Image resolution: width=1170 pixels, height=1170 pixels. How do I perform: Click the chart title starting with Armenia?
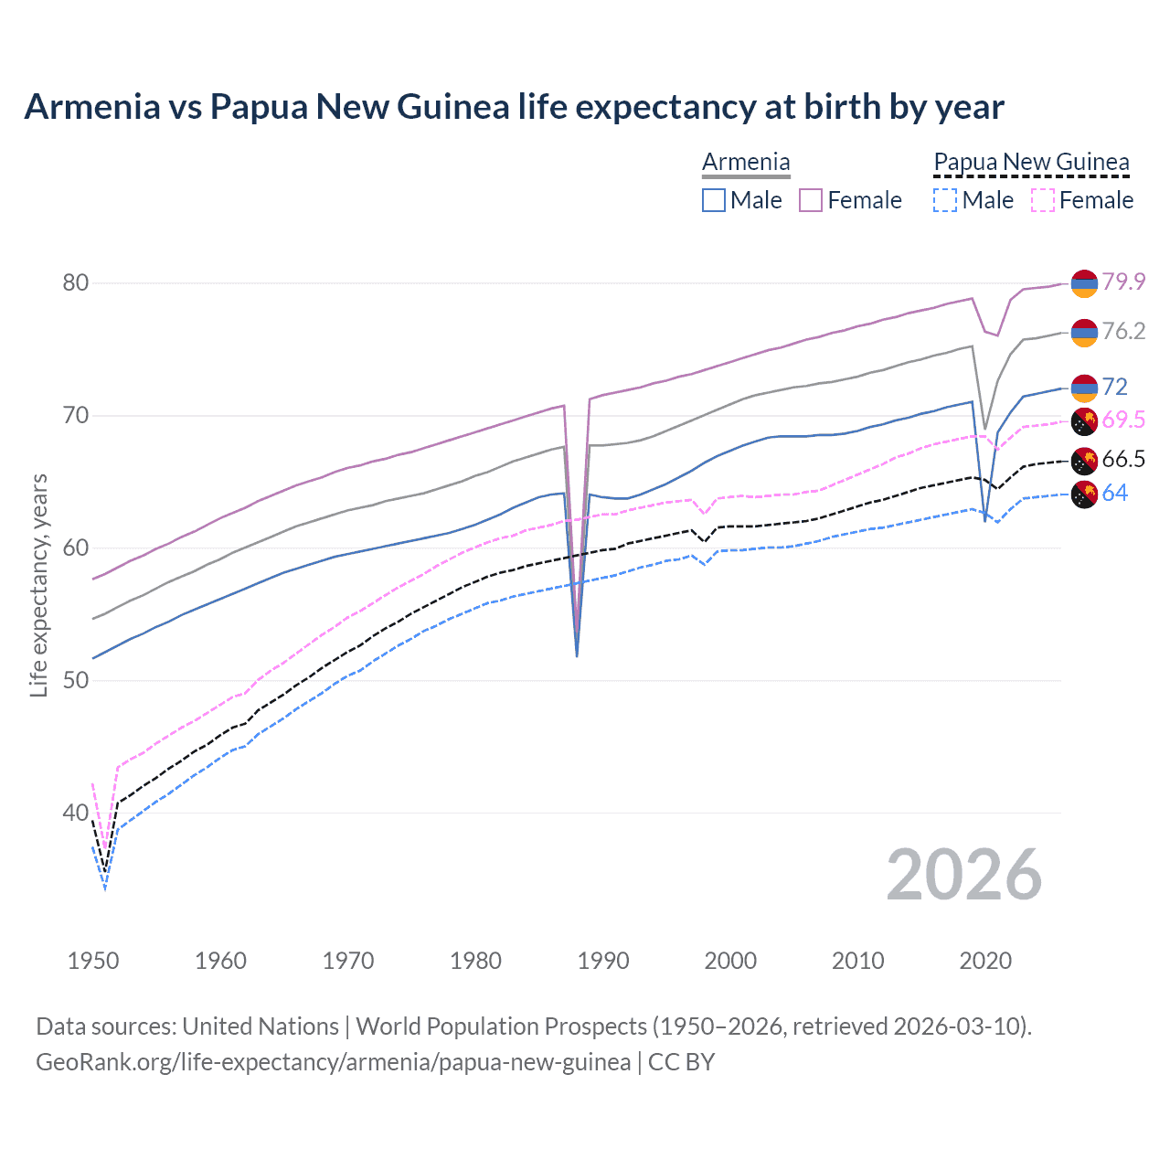(x=514, y=107)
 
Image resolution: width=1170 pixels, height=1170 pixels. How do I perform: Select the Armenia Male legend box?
(x=714, y=200)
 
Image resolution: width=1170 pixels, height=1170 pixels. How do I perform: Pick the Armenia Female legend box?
(x=811, y=200)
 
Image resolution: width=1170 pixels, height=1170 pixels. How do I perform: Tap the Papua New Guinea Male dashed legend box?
(x=945, y=200)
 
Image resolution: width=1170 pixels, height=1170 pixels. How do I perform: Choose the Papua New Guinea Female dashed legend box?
(x=1043, y=200)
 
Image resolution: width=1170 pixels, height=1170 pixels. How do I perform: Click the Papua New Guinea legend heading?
(x=1031, y=162)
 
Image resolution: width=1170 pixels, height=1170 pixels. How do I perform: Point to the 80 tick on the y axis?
(x=76, y=282)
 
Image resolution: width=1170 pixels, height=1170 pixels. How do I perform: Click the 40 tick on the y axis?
(x=76, y=813)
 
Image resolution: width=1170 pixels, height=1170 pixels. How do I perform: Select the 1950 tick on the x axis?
(x=93, y=961)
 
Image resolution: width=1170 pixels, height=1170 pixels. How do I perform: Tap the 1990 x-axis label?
(x=603, y=961)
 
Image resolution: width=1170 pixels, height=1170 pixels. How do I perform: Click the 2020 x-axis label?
(x=985, y=961)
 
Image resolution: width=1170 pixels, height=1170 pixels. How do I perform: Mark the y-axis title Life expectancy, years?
(x=38, y=585)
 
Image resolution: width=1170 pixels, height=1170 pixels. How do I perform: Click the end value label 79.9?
(x=1123, y=282)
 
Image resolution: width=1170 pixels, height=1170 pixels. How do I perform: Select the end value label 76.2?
(x=1123, y=331)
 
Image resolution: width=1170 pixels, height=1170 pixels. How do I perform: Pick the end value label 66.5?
(x=1123, y=459)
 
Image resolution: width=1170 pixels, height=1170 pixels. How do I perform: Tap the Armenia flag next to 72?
(x=1084, y=388)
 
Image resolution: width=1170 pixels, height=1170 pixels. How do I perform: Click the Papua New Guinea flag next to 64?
(x=1084, y=495)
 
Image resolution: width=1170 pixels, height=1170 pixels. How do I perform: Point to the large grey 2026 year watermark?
(x=964, y=875)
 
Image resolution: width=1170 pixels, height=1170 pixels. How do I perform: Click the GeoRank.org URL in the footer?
(x=333, y=1062)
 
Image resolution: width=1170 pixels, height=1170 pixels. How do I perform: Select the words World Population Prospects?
(x=501, y=1026)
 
